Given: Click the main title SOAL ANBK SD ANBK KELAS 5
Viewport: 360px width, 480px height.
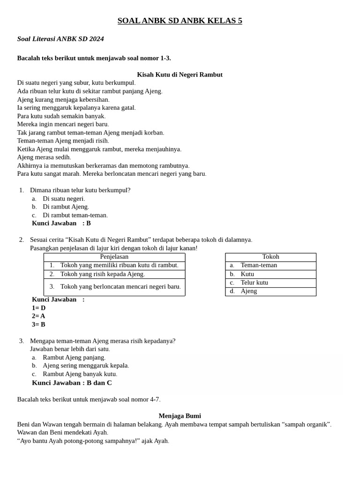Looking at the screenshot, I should [180, 21].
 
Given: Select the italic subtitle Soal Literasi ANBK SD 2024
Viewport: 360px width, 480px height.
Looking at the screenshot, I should [60, 39].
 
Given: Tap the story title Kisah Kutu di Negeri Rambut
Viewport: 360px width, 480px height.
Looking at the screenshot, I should [180, 75].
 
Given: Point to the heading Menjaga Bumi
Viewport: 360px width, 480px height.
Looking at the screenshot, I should [180, 416].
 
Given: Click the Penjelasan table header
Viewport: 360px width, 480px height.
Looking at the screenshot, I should [114, 257].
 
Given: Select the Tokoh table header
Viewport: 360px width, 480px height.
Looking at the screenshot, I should [270, 257].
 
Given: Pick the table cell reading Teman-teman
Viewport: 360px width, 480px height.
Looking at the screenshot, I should [259, 265].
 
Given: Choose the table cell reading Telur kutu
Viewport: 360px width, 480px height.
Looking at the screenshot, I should [254, 283].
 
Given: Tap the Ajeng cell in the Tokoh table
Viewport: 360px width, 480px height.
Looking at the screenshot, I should [248, 291].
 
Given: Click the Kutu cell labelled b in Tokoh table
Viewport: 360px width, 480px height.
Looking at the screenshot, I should [247, 274].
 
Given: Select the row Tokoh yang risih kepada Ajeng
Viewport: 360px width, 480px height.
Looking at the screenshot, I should [102, 274].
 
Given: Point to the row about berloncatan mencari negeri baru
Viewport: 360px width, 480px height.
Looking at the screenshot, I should [120, 286].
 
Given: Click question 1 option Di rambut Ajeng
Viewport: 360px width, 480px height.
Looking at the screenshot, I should [66, 207].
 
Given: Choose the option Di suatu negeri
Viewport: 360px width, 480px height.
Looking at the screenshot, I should [64, 199].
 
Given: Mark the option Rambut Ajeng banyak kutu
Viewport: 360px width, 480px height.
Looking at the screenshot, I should [80, 374].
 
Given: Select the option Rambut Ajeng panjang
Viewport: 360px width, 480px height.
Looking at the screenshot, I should [74, 358].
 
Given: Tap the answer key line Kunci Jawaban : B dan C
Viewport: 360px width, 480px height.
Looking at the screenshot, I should [72, 382].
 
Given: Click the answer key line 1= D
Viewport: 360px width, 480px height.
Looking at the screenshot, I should [38, 308].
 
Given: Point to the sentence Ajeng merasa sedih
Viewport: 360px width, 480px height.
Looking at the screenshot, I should [44, 157].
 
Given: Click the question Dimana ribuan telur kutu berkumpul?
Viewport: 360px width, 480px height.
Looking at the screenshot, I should [80, 190].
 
